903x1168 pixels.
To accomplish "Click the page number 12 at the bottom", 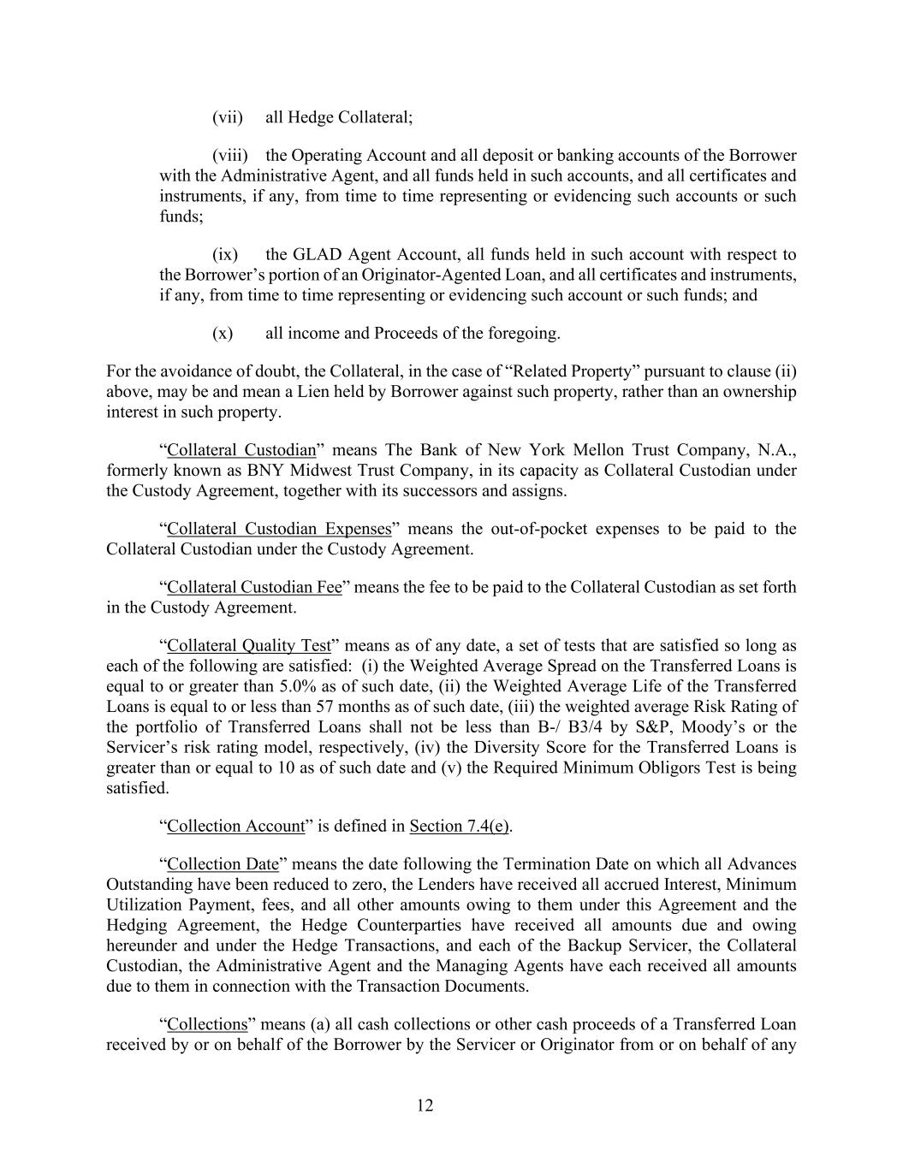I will (425, 1106).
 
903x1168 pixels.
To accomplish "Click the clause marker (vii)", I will (228, 117).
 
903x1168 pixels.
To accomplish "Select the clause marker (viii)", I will (230, 156).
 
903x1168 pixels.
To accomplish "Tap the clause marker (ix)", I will (225, 254).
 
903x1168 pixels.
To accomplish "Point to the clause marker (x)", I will (223, 333).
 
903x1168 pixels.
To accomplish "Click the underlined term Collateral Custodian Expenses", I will (279, 529).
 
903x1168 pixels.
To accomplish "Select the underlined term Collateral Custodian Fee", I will (254, 587).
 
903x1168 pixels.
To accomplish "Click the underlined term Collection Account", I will (235, 826).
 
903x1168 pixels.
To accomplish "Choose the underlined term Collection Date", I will (222, 863).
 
